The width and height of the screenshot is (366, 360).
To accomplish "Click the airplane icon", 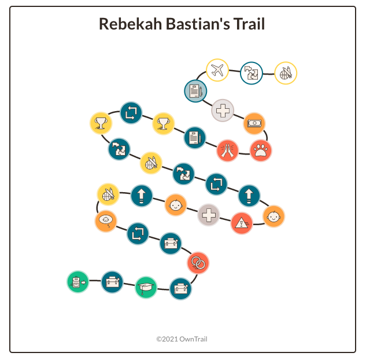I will point(217,71).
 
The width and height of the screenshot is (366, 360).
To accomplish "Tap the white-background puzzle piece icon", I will point(251,73).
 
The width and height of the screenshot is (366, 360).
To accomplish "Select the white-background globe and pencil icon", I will point(285,74).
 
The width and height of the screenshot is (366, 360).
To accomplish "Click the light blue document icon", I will point(195,91).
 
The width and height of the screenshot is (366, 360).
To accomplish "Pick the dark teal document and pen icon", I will point(195,138).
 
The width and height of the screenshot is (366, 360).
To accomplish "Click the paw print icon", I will point(261,150).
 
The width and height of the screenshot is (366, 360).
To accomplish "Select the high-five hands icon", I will point(228,150).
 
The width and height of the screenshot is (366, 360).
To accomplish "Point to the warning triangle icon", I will point(242,223).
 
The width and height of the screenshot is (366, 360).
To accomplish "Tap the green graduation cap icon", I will point(146,287).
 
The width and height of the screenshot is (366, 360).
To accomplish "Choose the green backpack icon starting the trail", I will point(77,282).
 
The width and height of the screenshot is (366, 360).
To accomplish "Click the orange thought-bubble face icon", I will point(106,220).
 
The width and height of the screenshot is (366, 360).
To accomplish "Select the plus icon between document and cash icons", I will point(223,110).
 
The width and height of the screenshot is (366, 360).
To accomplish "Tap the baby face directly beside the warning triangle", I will point(274,216).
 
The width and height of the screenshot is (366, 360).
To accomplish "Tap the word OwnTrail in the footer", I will point(194,339).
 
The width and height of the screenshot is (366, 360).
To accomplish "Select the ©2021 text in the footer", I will point(168,339).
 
